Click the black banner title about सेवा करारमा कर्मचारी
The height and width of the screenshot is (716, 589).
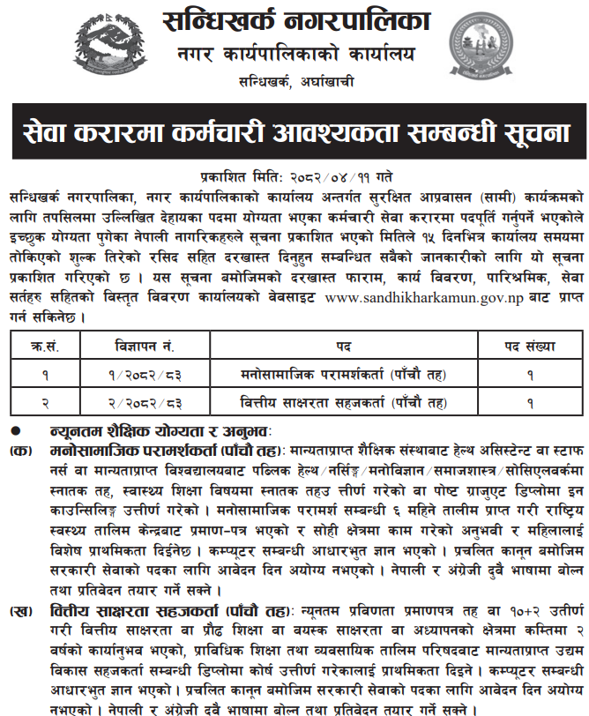tap(294, 133)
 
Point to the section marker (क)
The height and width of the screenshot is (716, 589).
tap(19, 451)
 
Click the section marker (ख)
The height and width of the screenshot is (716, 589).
tap(19, 635)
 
